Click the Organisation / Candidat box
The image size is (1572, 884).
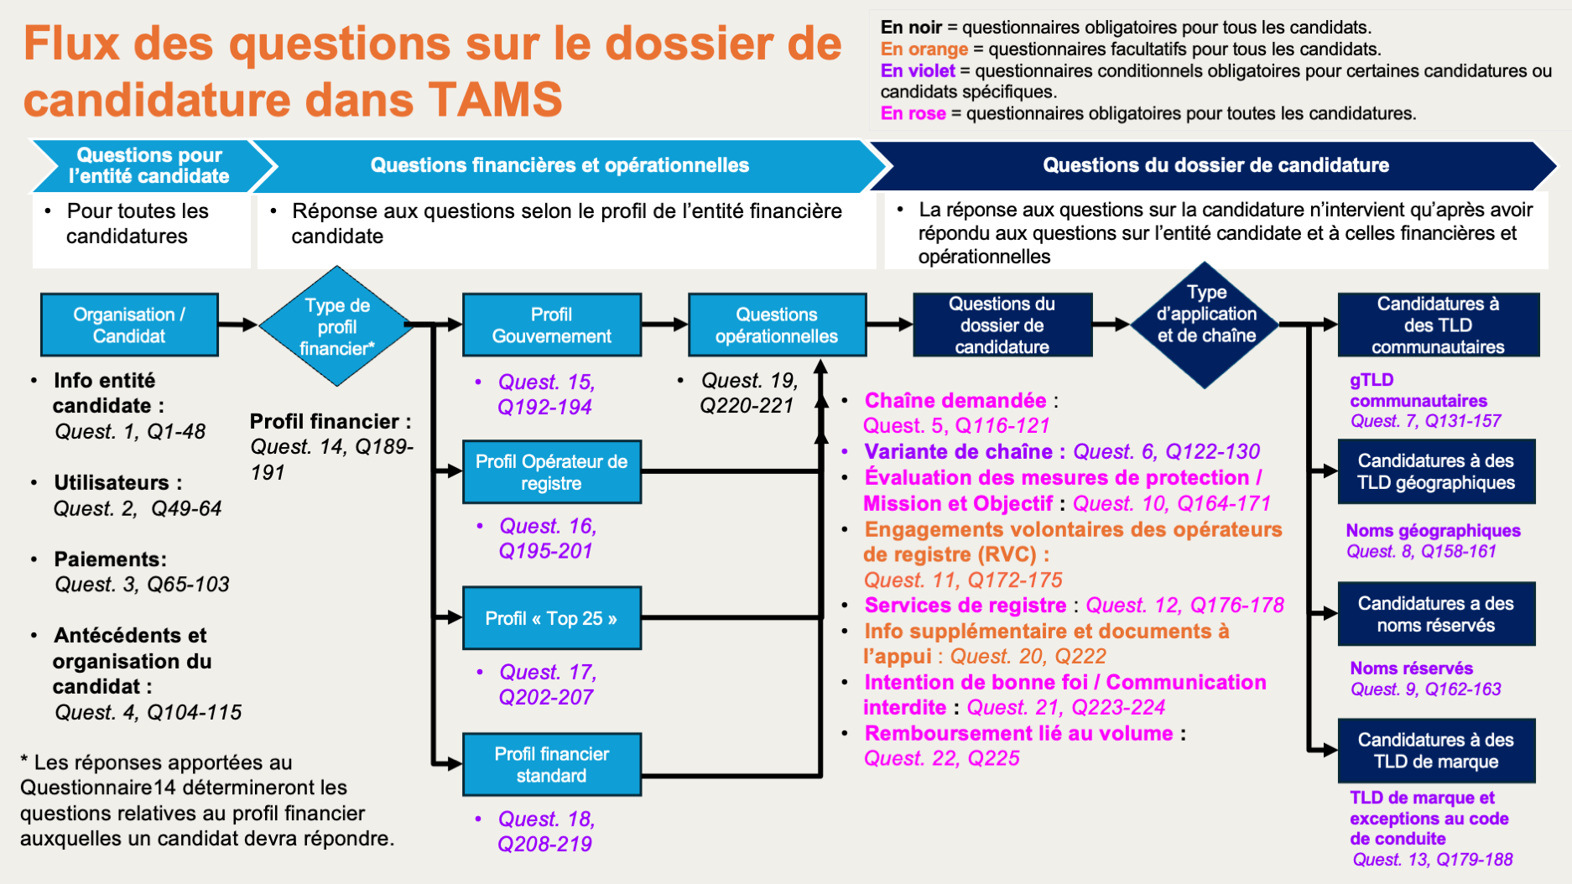point(129,325)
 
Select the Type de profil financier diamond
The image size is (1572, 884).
point(337,326)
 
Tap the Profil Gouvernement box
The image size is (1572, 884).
point(551,325)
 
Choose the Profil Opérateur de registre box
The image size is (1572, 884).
point(551,471)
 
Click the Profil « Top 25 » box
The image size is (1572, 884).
point(551,618)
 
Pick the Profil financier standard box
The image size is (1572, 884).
point(551,764)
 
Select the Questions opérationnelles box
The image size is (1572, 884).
point(776,325)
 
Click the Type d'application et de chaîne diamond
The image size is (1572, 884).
point(1205,325)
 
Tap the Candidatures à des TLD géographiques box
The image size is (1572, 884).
point(1435,471)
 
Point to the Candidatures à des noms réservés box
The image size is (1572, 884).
point(1435,614)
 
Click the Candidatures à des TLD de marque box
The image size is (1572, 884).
point(1435,751)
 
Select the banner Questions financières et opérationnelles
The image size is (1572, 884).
point(560,165)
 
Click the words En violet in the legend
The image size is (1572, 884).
point(918,70)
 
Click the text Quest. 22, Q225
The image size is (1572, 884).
point(941,758)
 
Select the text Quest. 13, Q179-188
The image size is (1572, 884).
point(1432,860)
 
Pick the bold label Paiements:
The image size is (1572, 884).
point(110,559)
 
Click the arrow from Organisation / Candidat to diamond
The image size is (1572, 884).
point(238,325)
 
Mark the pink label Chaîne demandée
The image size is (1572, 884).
point(955,400)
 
